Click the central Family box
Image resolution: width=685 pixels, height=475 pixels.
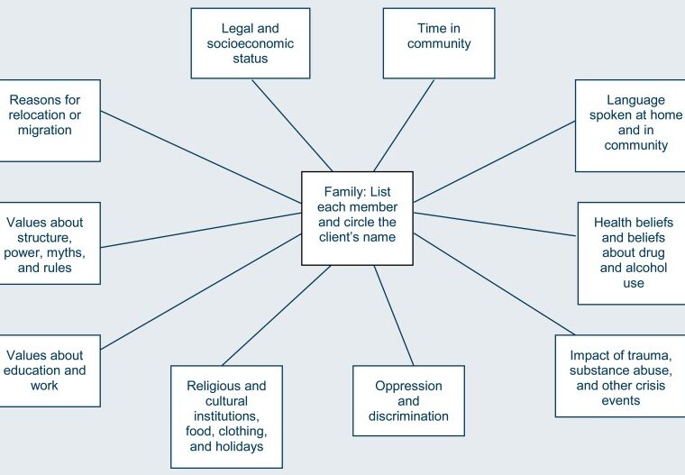point(357,218)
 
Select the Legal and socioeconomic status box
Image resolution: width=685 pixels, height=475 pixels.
point(250,43)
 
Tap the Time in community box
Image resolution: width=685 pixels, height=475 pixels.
point(439,43)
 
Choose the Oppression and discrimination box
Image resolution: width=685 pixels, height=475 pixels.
point(408,400)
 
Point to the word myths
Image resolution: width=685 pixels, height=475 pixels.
point(78,251)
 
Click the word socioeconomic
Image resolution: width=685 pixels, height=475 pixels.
point(250,43)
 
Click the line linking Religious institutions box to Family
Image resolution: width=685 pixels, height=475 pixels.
point(276,315)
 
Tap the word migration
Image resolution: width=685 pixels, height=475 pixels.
point(44,131)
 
